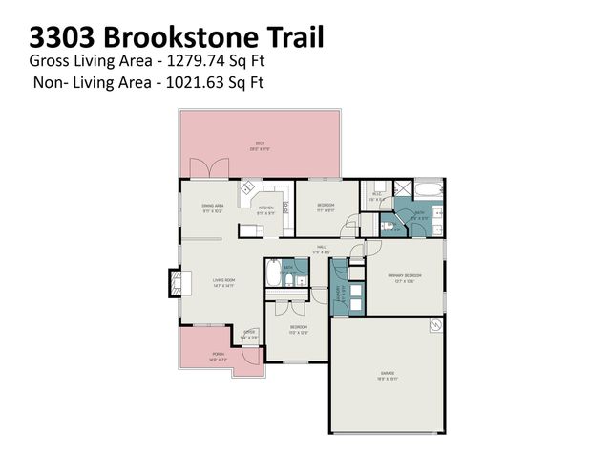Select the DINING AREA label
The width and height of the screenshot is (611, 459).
(x=212, y=208)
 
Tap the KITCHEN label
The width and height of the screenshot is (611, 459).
(x=266, y=209)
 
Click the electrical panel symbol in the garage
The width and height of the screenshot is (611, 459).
(x=435, y=325)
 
